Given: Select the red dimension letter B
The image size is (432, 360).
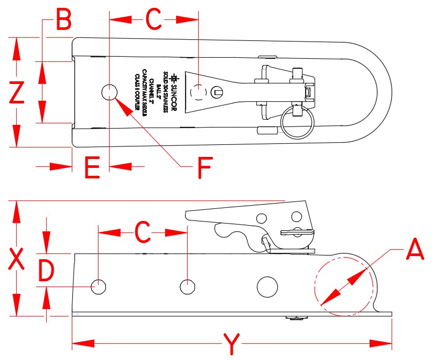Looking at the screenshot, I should tap(63, 21).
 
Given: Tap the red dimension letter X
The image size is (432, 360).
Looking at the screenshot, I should tap(17, 259).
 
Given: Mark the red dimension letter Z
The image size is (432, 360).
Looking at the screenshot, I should tap(17, 93).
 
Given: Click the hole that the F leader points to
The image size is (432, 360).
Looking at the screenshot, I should tap(109, 92).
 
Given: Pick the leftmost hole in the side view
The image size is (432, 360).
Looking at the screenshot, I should tap(99, 287).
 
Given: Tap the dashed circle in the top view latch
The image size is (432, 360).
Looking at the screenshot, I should tap(199, 92).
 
